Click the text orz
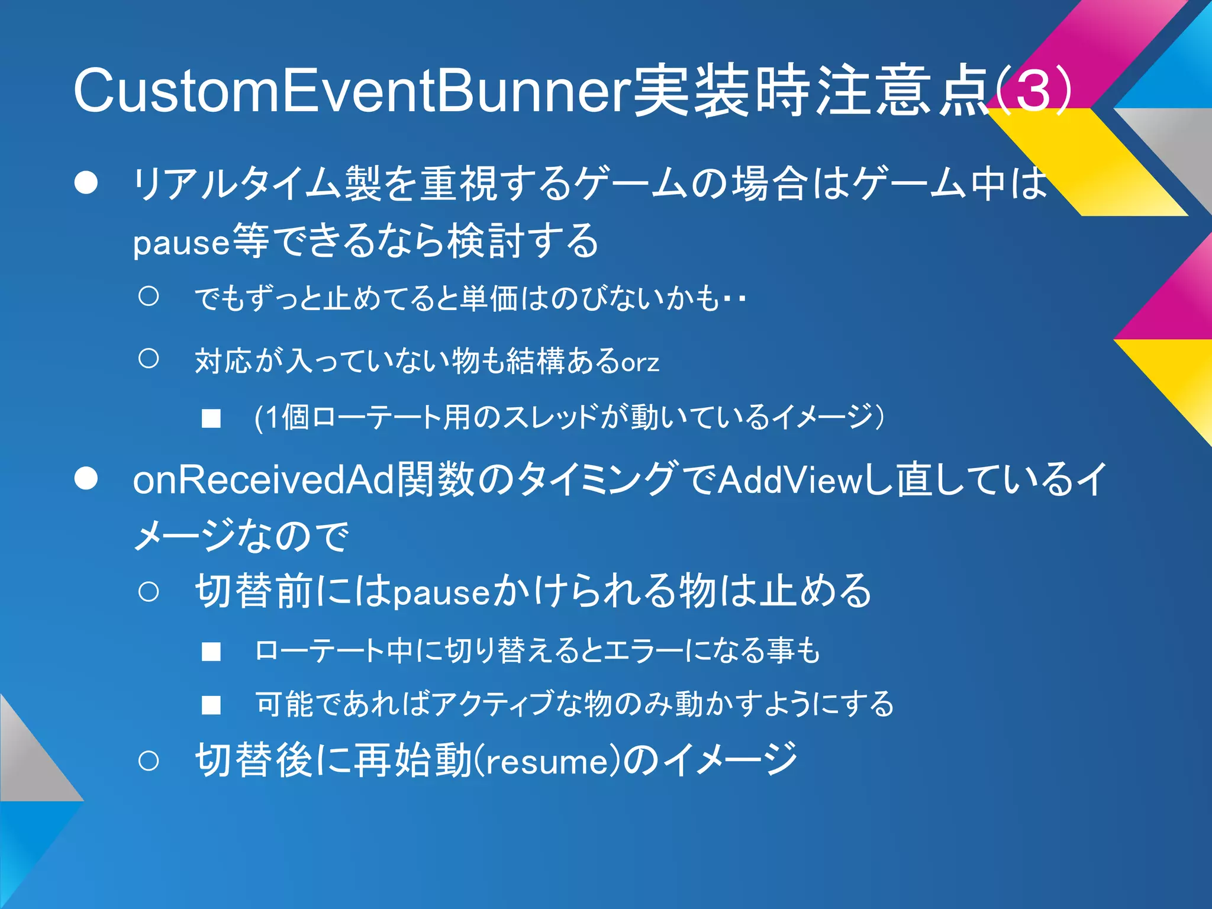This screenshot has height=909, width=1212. pyautogui.click(x=640, y=362)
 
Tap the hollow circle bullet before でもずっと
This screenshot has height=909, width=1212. pyautogui.click(x=149, y=296)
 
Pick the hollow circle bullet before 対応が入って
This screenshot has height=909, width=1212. pyautogui.click(x=149, y=358)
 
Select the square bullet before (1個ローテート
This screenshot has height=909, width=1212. pyautogui.click(x=211, y=419)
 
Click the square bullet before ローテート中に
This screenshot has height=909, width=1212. pyautogui.click(x=211, y=652)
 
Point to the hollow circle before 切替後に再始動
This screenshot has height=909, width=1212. pyautogui.click(x=149, y=761)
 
